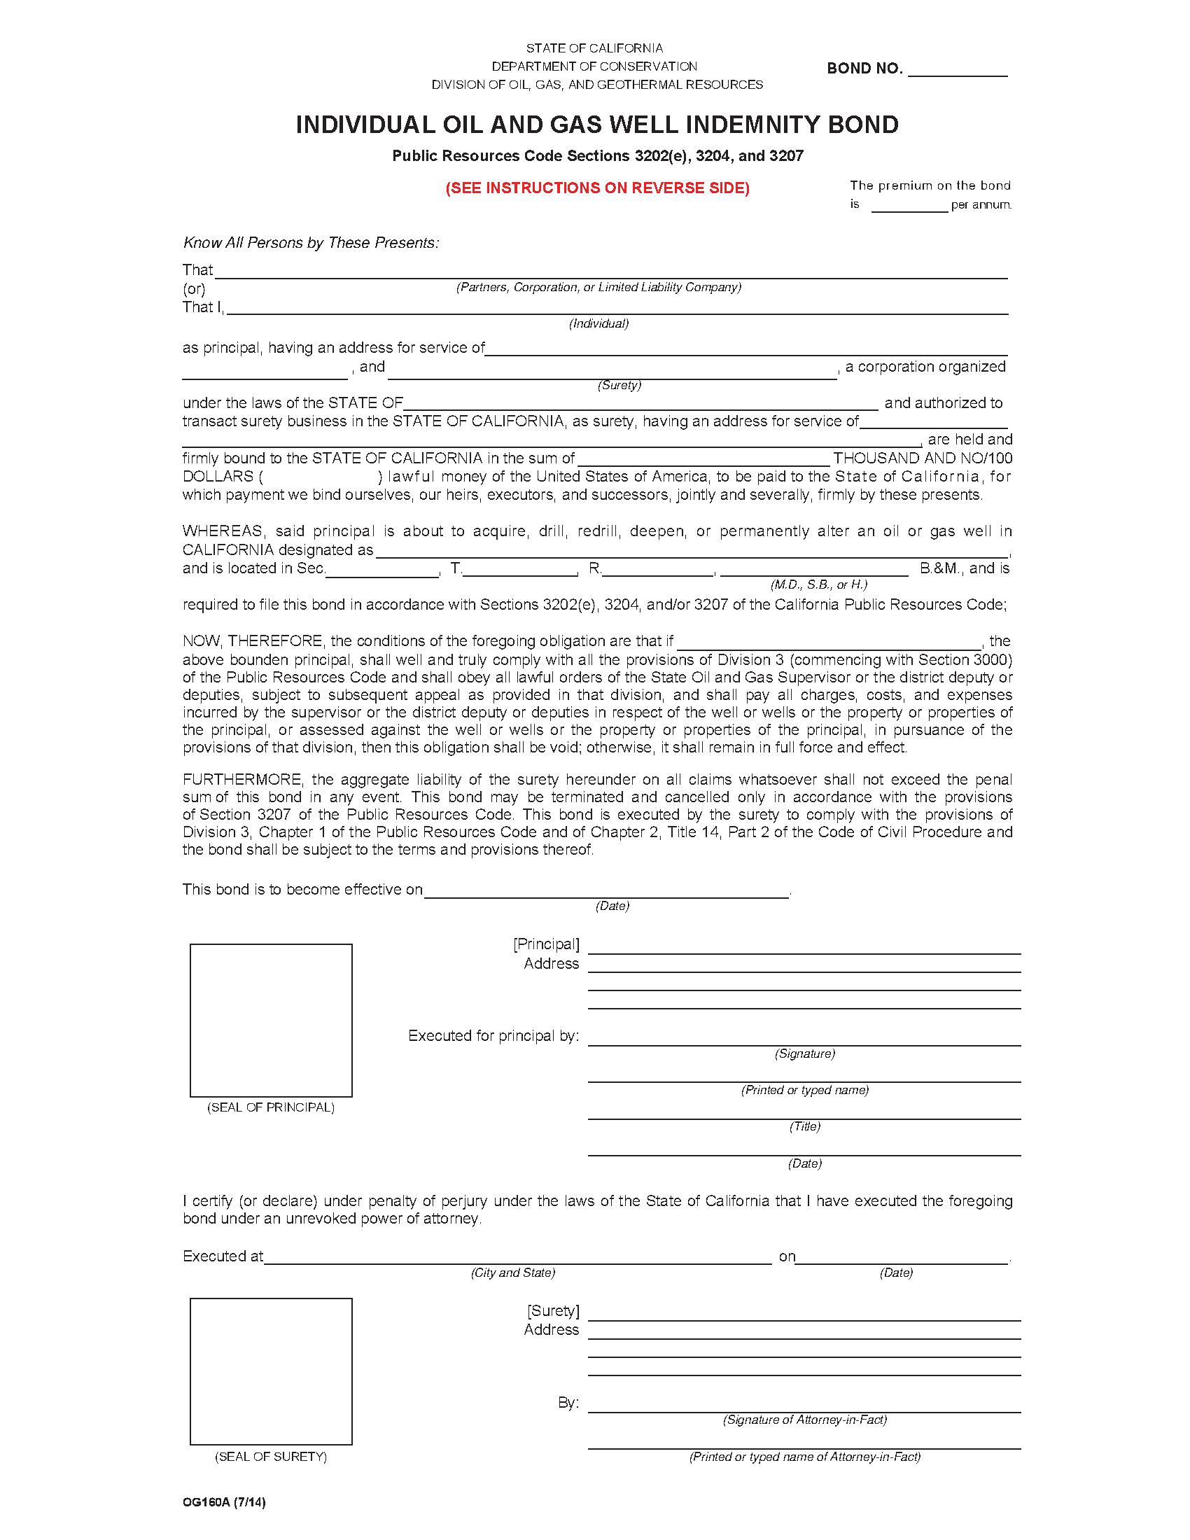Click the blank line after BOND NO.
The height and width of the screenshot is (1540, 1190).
pos(958,71)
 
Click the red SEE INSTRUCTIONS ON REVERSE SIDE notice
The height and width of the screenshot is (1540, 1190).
pos(597,188)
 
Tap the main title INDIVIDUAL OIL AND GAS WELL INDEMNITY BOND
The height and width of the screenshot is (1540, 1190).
pos(597,125)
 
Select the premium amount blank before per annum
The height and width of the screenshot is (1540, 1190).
pos(909,206)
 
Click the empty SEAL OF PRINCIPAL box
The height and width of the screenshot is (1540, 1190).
pos(271,1020)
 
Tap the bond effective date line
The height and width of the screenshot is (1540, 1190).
pos(606,892)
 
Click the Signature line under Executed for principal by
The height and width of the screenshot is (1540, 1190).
pos(804,1039)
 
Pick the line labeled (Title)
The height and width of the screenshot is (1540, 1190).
pos(804,1112)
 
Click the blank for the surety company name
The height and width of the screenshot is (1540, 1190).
pos(612,372)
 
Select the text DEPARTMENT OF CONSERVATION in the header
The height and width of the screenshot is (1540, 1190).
pos(594,66)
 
